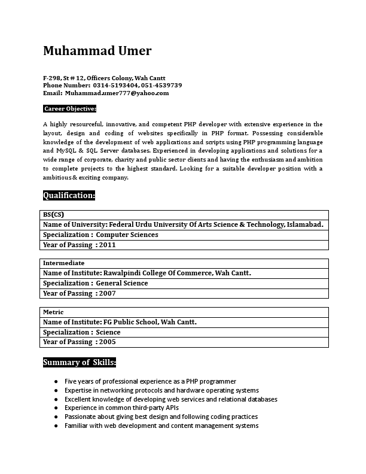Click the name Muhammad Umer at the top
(x=97, y=51)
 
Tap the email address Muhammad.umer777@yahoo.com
(x=117, y=93)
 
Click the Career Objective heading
(x=70, y=109)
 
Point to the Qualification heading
(x=69, y=195)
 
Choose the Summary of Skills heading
(x=80, y=362)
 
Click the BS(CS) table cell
(x=54, y=215)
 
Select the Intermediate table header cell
(x=63, y=263)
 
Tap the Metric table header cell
(x=53, y=312)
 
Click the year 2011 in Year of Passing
(x=108, y=245)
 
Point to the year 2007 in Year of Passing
(x=108, y=293)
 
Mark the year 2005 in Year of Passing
(x=108, y=342)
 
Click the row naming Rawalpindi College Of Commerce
(x=147, y=273)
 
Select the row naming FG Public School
(x=120, y=322)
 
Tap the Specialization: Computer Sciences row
(x=100, y=235)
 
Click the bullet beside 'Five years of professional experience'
(x=56, y=381)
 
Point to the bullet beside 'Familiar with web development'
(x=56, y=426)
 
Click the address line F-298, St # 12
(x=104, y=78)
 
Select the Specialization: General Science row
(x=96, y=283)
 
